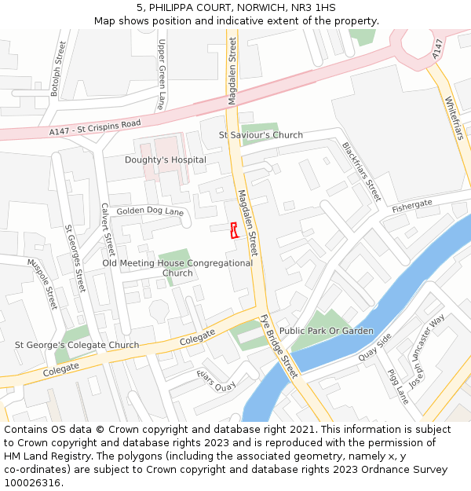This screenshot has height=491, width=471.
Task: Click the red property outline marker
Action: (x=233, y=229)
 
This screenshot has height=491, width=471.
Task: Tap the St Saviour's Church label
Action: (x=261, y=135)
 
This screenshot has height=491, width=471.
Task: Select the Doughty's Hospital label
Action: (x=166, y=160)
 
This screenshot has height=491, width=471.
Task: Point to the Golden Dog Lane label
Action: (x=150, y=212)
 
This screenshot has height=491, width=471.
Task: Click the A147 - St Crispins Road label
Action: (x=95, y=128)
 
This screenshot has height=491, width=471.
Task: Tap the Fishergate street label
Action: (x=412, y=204)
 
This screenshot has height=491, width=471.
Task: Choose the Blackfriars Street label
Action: (x=361, y=171)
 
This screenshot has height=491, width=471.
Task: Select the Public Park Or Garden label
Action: (x=327, y=331)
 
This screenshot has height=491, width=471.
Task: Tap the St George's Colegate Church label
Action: (x=77, y=345)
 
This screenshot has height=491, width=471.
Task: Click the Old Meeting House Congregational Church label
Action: (x=177, y=268)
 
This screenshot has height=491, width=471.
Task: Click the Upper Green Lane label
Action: (x=162, y=75)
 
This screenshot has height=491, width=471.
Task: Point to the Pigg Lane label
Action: (x=399, y=387)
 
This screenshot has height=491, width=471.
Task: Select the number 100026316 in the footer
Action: (x=32, y=482)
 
